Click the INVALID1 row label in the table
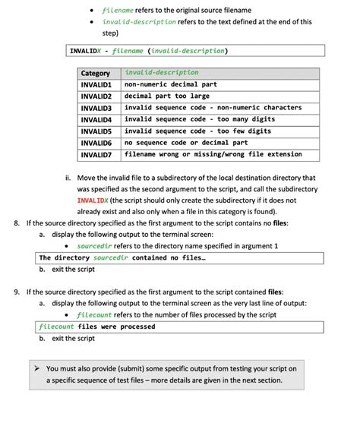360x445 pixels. [96, 85]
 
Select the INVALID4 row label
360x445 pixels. [96, 120]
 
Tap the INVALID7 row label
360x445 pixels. [96, 155]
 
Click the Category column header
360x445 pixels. [96, 74]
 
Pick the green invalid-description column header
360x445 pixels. [161, 73]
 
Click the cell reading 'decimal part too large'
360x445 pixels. [166, 96]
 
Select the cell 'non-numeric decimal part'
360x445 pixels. [170, 85]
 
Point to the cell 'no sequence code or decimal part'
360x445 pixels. [186, 143]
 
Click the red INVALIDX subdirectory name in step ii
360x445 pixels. [94, 200]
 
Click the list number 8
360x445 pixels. [17, 223]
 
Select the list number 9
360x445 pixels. [17, 292]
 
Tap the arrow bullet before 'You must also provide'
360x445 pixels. [39, 368]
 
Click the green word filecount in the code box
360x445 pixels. [56, 327]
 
